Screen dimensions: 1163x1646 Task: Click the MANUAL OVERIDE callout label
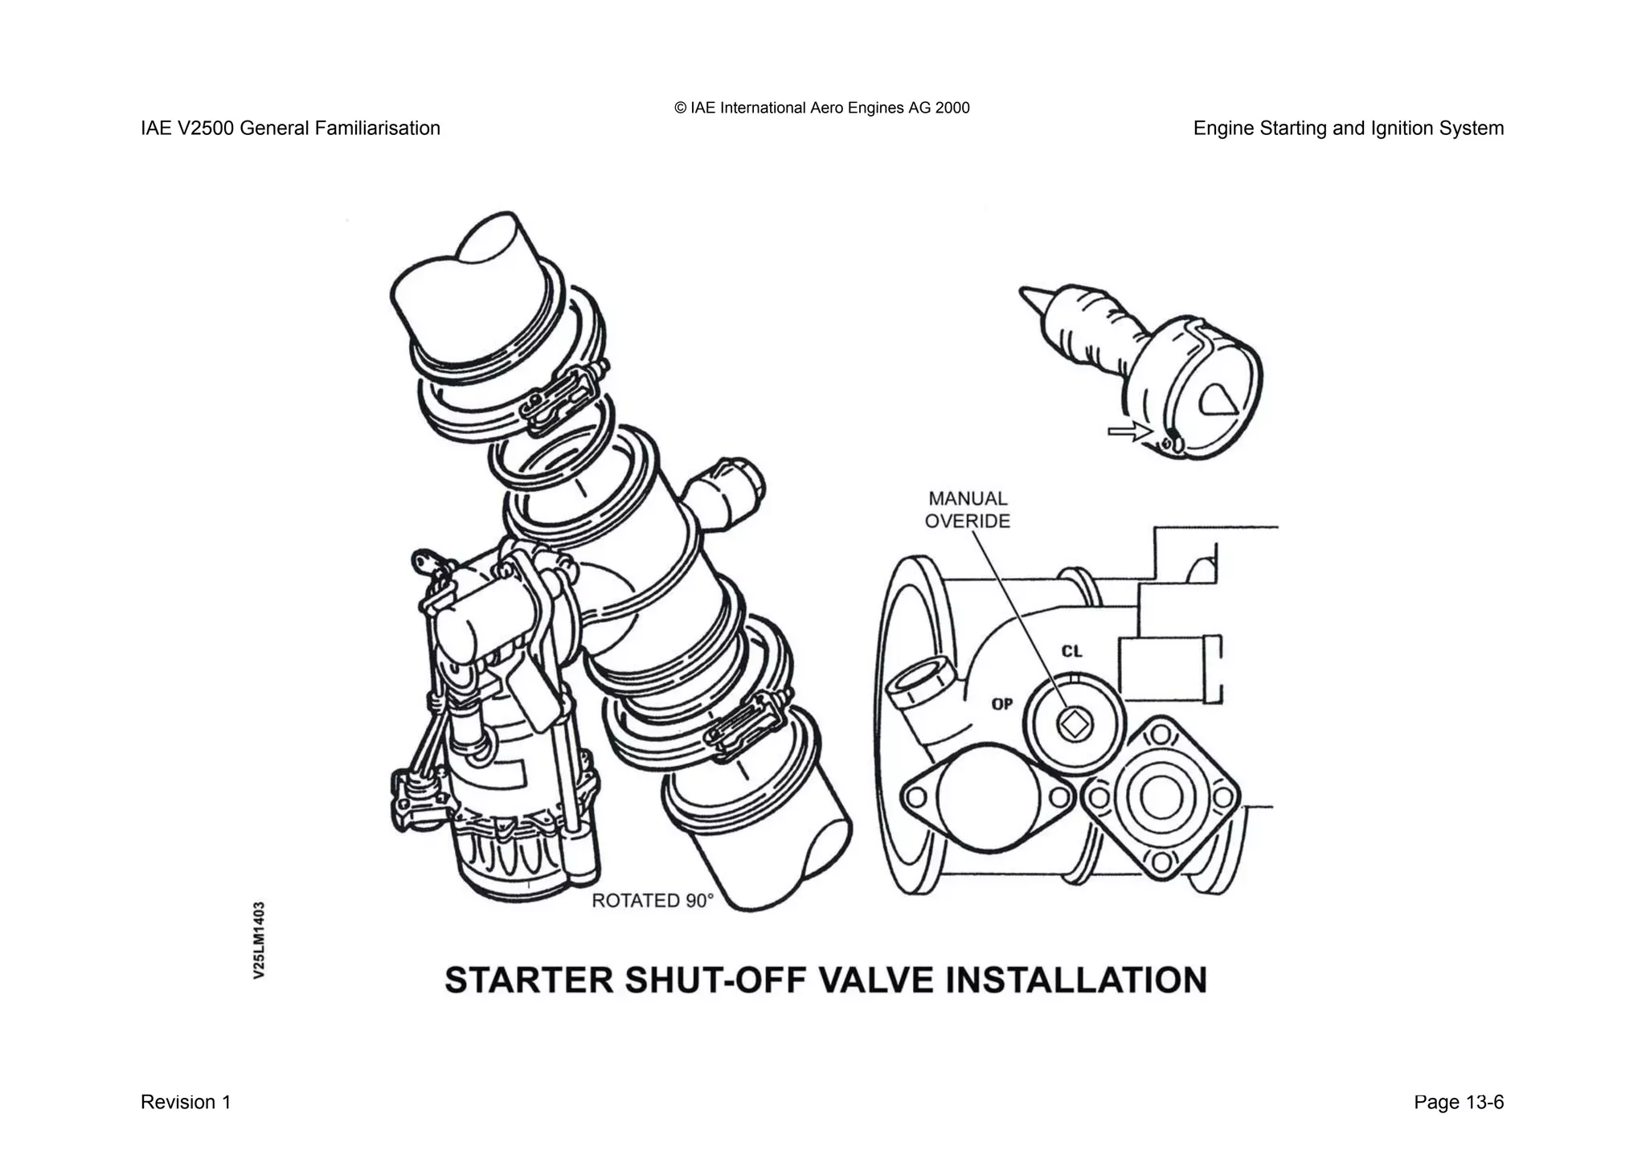pos(967,510)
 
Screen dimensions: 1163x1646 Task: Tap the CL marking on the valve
pos(1071,651)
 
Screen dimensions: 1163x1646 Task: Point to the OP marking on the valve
pos(1002,704)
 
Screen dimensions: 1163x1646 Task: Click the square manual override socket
pos(1074,726)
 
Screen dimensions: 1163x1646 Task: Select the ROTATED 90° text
pos(653,901)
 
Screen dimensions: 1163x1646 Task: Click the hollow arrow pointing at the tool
pos(1128,432)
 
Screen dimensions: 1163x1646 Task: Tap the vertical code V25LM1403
pos(259,940)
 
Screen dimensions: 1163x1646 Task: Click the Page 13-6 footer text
pos(1458,1102)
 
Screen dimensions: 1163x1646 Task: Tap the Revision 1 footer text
pos(186,1102)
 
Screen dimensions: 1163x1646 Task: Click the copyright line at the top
pos(821,108)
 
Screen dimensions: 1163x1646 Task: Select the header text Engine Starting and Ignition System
pos(1348,128)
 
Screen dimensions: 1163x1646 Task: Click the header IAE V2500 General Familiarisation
pos(290,128)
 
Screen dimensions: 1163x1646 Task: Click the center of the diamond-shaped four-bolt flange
pos(1160,798)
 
